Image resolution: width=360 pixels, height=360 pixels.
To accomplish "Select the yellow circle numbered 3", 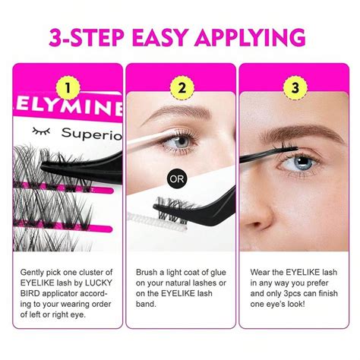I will pyautogui.click(x=293, y=88).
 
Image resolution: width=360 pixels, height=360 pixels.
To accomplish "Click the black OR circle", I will pyautogui.click(x=177, y=181).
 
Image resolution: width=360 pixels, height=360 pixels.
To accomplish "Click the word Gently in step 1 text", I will pyautogui.click(x=33, y=270).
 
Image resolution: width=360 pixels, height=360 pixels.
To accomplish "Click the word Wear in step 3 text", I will pyautogui.click(x=261, y=270).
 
